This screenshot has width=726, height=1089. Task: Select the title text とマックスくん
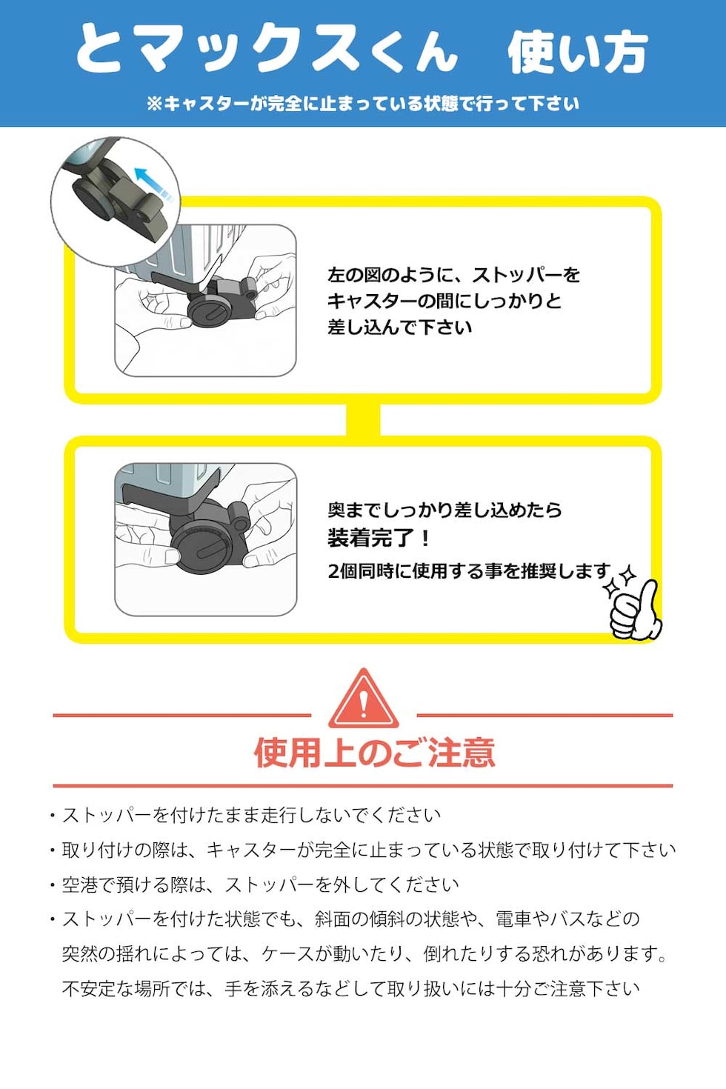coord(267,50)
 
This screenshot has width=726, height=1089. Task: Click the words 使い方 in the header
coord(577,52)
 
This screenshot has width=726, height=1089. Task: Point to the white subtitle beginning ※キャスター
coord(363,104)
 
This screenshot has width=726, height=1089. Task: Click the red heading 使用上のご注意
coord(374,753)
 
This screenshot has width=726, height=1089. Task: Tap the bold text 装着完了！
coord(379,538)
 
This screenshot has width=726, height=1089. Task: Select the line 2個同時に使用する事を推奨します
coord(470,570)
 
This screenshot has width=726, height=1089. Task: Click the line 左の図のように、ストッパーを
coord(453,275)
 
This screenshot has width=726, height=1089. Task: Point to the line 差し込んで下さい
coord(399,327)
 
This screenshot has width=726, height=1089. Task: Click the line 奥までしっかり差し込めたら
coord(444,510)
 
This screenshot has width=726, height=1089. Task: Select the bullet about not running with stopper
coord(250,815)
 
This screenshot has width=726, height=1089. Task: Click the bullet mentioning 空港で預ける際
coord(259,885)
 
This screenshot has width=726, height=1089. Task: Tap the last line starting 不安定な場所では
coord(350,988)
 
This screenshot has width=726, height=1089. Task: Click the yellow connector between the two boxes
coord(363,420)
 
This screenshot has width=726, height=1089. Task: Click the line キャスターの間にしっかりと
coord(444,301)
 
